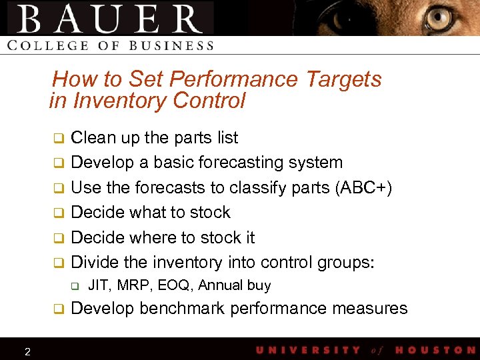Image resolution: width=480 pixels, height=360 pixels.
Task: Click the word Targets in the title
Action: [x=343, y=79]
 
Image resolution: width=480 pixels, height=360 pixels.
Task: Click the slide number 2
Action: [x=27, y=351]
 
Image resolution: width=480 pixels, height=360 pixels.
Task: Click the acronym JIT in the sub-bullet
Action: [x=99, y=285]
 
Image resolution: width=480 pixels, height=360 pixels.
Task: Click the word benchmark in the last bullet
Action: [x=178, y=309]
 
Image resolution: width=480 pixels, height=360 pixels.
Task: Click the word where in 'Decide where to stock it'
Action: [x=163, y=238]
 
